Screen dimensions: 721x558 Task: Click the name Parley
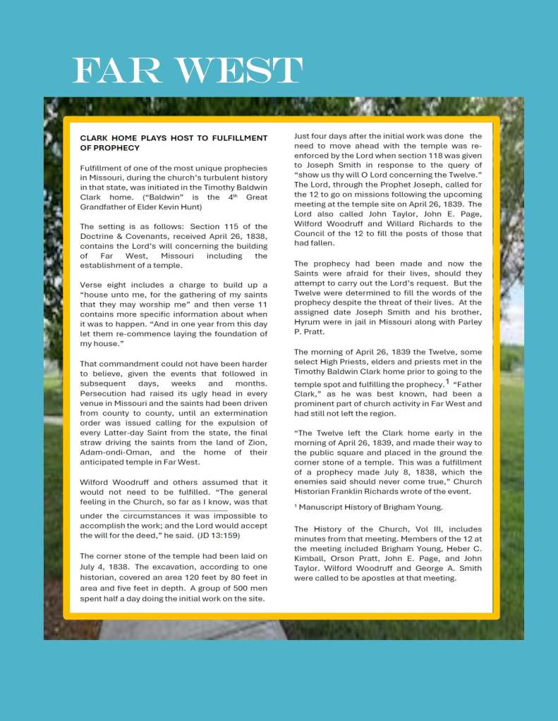[x=468, y=322]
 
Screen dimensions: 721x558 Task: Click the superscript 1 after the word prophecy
[x=447, y=381]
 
